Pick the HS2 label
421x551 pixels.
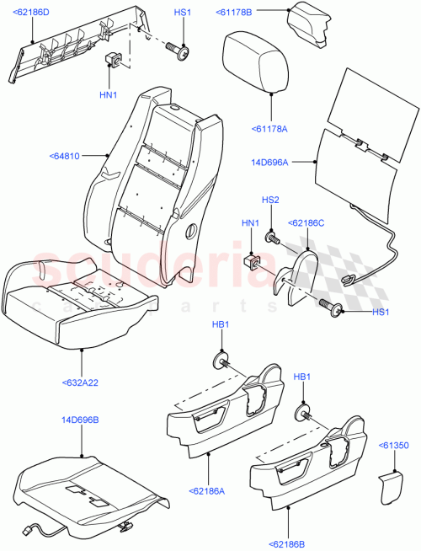[x=270, y=200]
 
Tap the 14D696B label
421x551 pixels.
[x=81, y=418]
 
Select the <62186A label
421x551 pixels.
[x=210, y=489]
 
